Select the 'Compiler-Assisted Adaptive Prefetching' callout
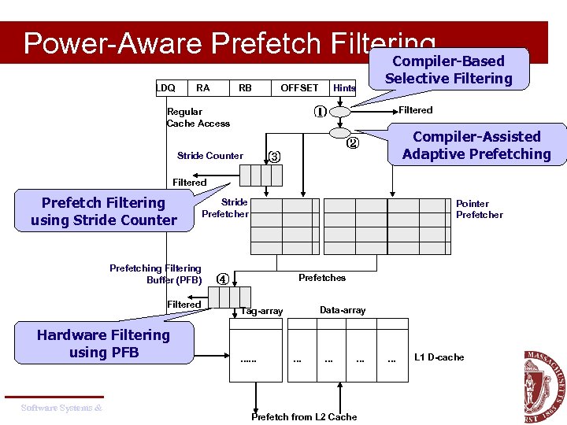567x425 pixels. (x=476, y=145)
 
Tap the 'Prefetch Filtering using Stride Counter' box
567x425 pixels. (x=104, y=212)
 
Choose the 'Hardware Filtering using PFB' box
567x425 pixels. (x=103, y=343)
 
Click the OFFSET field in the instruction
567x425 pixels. (x=299, y=87)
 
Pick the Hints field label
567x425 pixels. (x=344, y=88)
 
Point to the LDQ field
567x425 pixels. (x=166, y=87)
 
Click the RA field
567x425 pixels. (x=203, y=87)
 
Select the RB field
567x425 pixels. (x=246, y=87)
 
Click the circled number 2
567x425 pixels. (x=353, y=143)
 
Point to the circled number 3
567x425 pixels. (x=274, y=156)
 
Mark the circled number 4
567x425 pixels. (x=223, y=279)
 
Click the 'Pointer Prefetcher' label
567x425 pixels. (x=479, y=209)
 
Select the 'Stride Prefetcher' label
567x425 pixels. (x=225, y=208)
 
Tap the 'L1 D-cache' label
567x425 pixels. (x=439, y=357)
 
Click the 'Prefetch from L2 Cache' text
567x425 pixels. (x=304, y=416)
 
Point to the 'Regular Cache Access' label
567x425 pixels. (x=198, y=117)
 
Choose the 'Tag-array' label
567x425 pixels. (x=261, y=311)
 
